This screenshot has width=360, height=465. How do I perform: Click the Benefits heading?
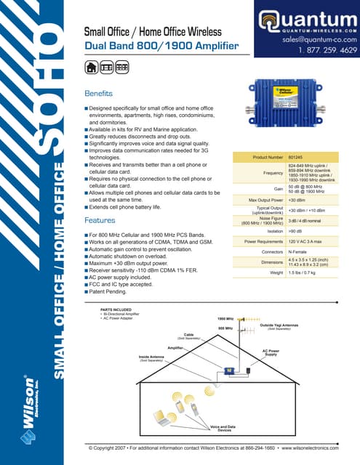coord(100,94)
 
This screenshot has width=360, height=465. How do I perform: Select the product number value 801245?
coord(297,156)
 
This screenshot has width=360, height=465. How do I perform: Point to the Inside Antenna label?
coord(152,358)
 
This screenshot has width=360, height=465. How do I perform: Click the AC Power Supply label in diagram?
coord(270,352)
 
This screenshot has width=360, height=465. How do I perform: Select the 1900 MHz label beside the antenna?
coord(225,319)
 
